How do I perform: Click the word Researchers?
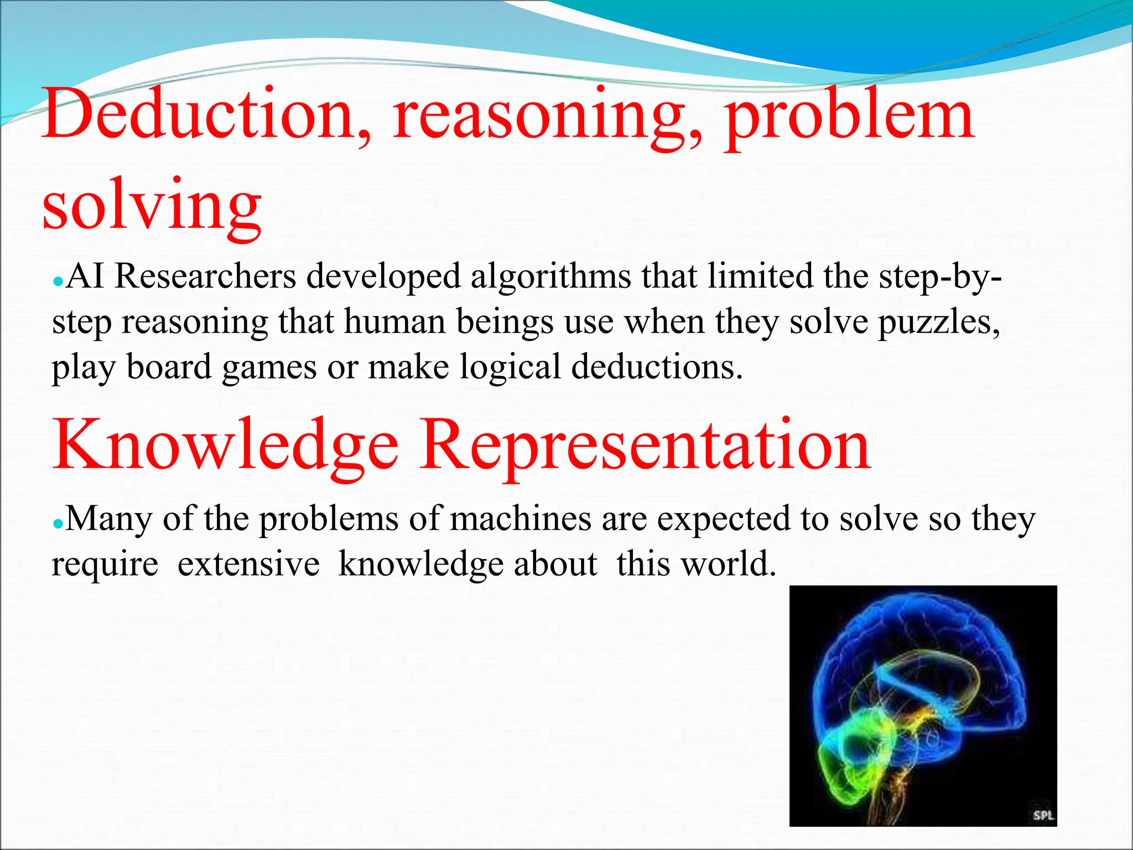tap(205, 276)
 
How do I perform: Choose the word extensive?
tap(248, 564)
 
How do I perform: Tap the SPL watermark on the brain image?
tap(1043, 815)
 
